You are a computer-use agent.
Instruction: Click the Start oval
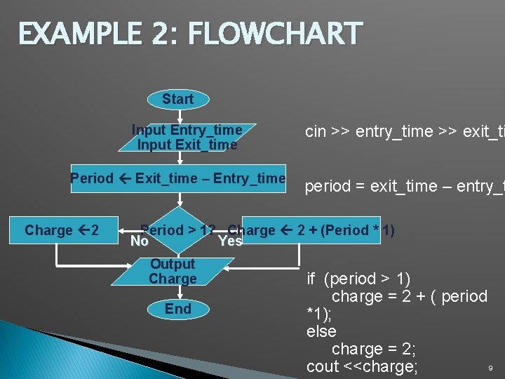[177, 100]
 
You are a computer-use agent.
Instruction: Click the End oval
[177, 309]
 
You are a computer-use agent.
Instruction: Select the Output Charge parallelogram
[172, 272]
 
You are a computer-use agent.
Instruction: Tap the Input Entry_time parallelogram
[187, 138]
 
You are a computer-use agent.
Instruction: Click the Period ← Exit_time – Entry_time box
[178, 178]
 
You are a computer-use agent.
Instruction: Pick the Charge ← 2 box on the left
[61, 230]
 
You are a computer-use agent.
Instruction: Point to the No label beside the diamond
[140, 241]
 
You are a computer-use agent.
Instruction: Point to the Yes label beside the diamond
[230, 241]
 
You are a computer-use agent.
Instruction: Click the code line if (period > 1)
[358, 279]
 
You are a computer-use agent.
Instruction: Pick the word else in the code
[321, 331]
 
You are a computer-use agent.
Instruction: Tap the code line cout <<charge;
[362, 366]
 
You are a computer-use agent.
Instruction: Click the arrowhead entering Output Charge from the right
[227, 268]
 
